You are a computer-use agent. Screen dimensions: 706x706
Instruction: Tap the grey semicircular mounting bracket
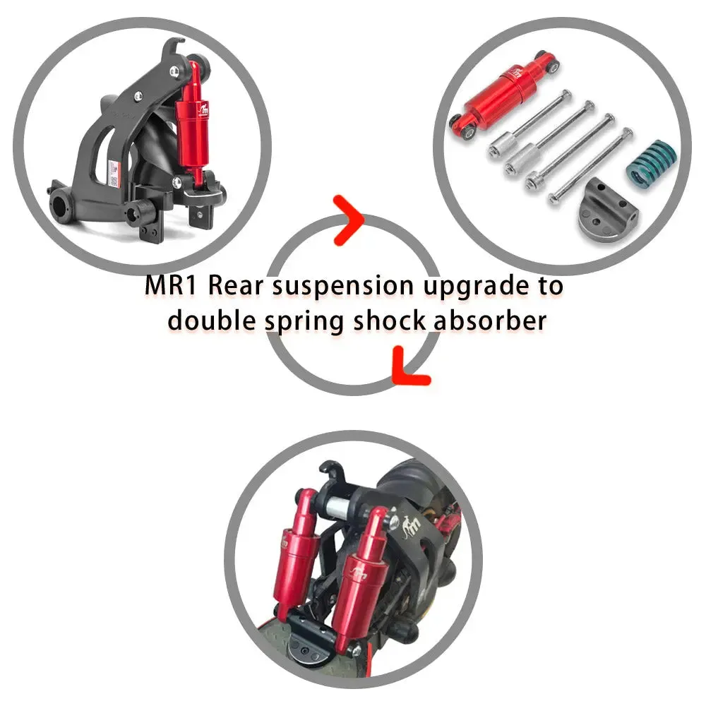pyautogui.click(x=606, y=212)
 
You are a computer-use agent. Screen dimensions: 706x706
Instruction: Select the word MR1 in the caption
pyautogui.click(x=171, y=285)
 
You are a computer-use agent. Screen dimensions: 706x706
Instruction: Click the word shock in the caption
pyautogui.click(x=390, y=321)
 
